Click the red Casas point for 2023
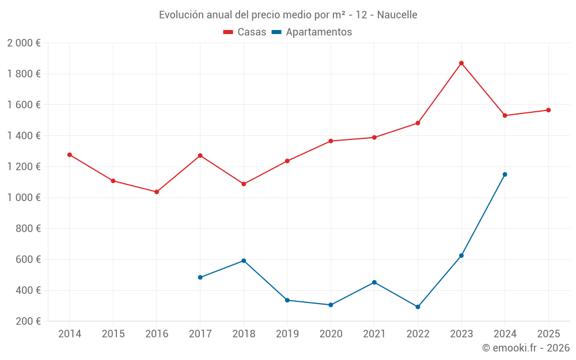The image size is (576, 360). tap(461, 63)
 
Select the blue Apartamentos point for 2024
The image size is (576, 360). tap(505, 175)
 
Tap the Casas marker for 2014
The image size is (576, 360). tap(70, 155)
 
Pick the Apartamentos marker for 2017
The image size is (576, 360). tap(200, 278)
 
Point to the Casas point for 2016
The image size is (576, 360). tap(157, 192)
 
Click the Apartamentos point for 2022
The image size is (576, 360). tap(418, 307)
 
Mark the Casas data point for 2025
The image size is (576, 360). tap(548, 110)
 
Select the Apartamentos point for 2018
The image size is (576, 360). tap(244, 261)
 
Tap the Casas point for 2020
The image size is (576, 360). tap(331, 141)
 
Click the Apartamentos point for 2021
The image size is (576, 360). tap(374, 282)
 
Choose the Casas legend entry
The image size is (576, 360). tap(245, 32)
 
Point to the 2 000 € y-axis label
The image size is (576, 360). tap(24, 43)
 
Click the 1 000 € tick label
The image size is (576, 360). tap(24, 198)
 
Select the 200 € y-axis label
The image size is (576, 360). tap(28, 321)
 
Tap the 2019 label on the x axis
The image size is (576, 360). tap(287, 334)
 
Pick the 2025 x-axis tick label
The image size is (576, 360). tap(548, 334)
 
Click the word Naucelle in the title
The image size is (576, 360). tap(397, 15)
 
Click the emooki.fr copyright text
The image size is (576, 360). tap(525, 348)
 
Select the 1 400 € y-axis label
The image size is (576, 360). tap(24, 136)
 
